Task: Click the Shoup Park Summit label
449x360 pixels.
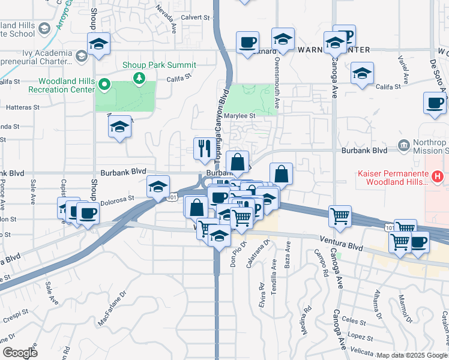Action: tap(159, 65)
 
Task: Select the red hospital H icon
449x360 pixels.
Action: tap(438, 176)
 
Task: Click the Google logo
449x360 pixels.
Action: tap(20, 353)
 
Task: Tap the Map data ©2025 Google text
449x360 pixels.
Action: tap(411, 355)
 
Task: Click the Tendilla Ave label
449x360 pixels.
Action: tap(274, 271)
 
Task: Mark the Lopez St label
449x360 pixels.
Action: tap(360, 337)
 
